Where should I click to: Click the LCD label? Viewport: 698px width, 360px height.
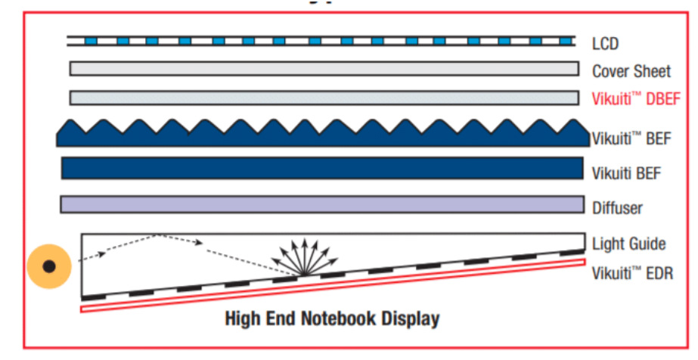[605, 44]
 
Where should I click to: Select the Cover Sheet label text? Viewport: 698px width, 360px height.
[631, 72]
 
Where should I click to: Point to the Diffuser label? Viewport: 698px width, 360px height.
[617, 207]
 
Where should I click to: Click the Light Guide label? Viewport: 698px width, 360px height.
[628, 244]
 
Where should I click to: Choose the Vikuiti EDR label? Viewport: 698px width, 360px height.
[632, 272]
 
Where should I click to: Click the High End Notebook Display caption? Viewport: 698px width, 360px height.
[332, 318]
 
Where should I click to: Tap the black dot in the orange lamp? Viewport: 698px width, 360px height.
[49, 266]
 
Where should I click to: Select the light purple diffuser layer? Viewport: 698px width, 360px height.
[321, 204]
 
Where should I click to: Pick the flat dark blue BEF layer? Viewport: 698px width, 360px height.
[321, 168]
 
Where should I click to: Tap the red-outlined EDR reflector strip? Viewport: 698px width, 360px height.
[333, 286]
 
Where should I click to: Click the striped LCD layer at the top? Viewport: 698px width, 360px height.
[318, 40]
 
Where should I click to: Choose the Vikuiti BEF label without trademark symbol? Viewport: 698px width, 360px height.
[626, 173]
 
